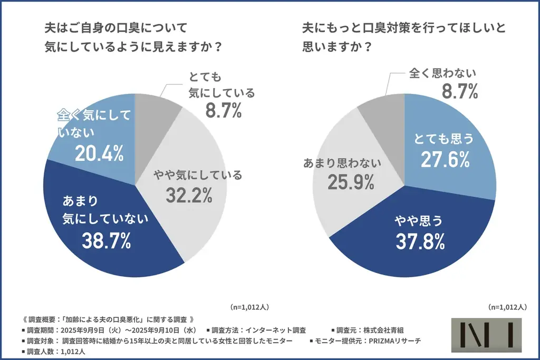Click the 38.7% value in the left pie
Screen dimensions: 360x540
pos(106,240)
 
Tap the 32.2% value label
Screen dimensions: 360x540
pos(189,195)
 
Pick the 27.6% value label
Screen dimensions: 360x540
pos(445,160)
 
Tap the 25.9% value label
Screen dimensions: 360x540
pos(351,182)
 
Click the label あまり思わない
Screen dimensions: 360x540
pos(342,162)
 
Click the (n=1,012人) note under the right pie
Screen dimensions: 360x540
pos(507,306)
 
